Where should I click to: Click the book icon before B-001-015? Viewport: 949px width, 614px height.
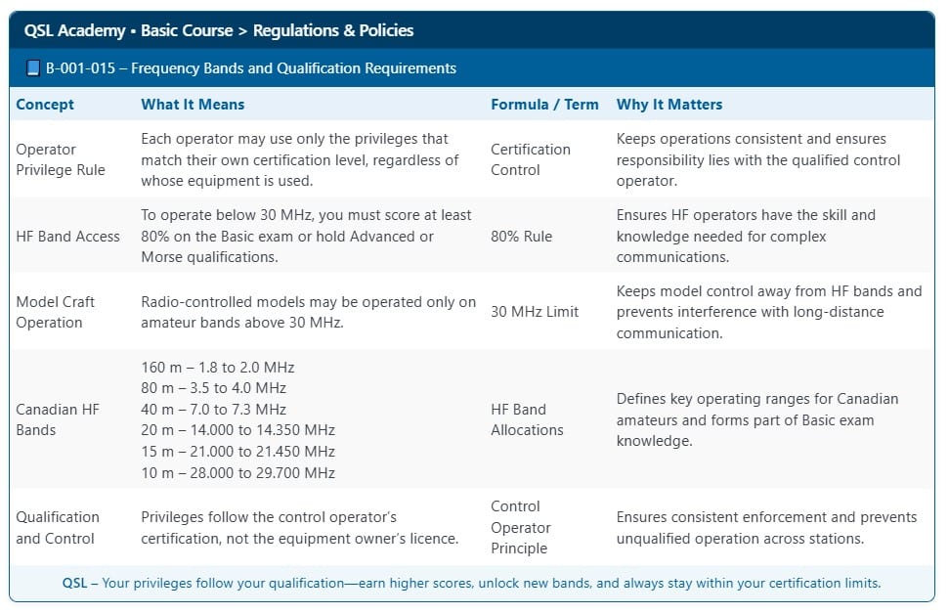33,68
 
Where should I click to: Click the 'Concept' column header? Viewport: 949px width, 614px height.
45,105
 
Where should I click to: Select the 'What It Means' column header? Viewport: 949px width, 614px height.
193,105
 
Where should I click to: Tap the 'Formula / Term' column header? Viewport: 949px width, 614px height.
544,105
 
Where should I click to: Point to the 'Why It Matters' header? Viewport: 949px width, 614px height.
669,105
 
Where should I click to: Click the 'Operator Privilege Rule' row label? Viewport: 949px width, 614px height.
61,159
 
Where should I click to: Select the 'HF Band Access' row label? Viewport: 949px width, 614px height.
68,236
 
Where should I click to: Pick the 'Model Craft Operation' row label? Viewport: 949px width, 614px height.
56,312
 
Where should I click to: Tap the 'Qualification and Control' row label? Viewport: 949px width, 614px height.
58,527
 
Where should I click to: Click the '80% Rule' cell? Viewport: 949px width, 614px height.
521,236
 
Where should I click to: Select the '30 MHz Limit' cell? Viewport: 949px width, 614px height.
535,312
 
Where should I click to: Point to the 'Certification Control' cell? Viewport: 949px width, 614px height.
531,159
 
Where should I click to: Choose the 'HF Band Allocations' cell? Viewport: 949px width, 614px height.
527,419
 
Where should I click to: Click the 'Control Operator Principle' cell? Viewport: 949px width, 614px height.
521,527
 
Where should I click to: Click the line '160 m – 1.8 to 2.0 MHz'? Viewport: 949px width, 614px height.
218,368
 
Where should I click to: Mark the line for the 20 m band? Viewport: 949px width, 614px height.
238,430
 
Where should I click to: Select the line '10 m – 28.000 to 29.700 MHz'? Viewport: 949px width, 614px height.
238,473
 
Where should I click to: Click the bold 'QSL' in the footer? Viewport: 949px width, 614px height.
75,584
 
